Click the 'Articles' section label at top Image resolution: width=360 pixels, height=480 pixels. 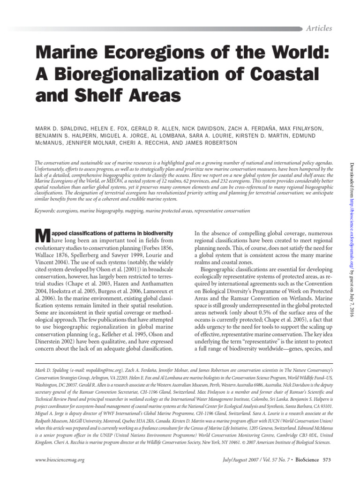319,28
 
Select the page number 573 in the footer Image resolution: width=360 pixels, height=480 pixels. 326,460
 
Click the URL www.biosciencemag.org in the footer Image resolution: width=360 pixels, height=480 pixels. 60,460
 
